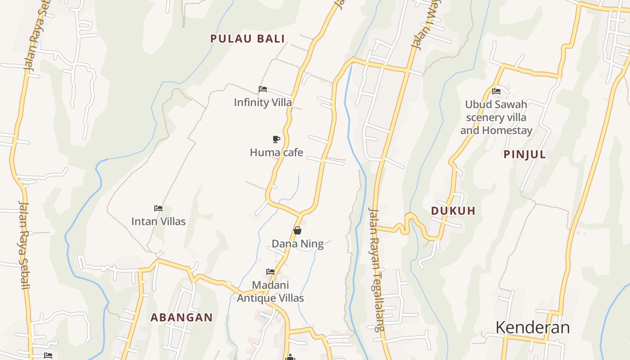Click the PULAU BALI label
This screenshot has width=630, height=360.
coord(247,39)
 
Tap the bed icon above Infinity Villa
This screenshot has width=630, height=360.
coord(263,89)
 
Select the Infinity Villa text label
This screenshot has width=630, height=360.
coord(263,103)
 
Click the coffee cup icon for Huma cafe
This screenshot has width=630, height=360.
coord(276,139)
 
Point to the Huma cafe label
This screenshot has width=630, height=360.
coord(276,153)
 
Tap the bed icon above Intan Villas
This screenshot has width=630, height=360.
coord(158,208)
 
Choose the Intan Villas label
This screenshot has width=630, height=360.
coord(158,221)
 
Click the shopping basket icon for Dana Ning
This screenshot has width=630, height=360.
coord(297,230)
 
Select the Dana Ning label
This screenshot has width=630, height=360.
coord(297,244)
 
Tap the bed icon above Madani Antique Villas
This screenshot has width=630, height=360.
coord(270,272)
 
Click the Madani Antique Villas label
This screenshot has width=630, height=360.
coord(270,292)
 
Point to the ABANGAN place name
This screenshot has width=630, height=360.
coord(181,317)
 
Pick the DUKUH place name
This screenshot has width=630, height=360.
coord(453,211)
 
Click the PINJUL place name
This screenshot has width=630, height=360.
coord(525,154)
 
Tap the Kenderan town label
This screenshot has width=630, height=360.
coord(532,328)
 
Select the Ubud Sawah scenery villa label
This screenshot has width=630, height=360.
coord(496,117)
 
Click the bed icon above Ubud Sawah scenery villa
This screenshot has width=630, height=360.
coord(496,91)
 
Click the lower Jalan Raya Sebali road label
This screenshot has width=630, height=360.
coord(24,245)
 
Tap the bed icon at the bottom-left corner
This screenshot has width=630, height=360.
coord(48,355)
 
